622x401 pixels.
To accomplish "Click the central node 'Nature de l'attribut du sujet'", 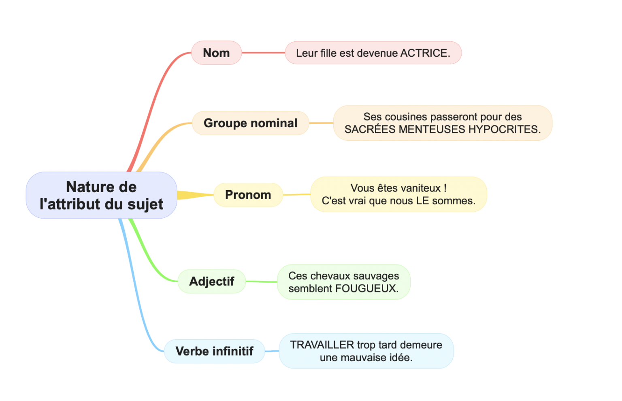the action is click(x=101, y=195).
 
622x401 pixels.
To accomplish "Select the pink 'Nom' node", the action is click(x=216, y=53).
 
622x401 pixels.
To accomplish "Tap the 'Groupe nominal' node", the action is click(x=251, y=123).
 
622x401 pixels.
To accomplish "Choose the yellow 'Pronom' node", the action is click(x=248, y=195).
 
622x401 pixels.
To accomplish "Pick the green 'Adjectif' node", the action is click(x=212, y=281).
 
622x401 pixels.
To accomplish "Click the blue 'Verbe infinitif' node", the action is click(x=214, y=351).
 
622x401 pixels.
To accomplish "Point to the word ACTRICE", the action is click(x=425, y=53).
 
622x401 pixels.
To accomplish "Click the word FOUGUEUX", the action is click(x=367, y=288).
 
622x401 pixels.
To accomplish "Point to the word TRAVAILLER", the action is click(x=322, y=345).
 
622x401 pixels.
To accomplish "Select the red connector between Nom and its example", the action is click(x=263, y=53).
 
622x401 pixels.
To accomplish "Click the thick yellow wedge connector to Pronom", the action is click(x=195, y=195).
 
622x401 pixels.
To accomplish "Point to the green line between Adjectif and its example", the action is click(x=261, y=282).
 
